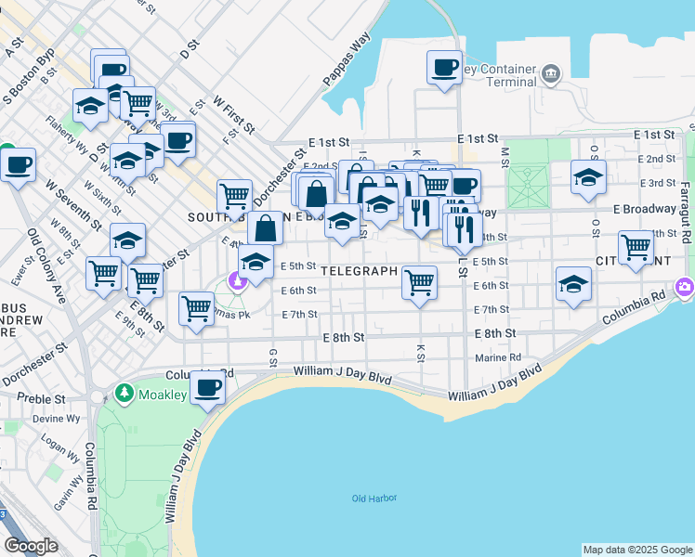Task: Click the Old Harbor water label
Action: click(374, 499)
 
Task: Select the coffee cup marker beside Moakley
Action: click(207, 388)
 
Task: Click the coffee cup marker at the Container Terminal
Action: click(444, 68)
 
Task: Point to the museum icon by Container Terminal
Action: click(552, 73)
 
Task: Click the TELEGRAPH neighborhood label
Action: click(360, 271)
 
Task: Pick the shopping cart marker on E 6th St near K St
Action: click(420, 282)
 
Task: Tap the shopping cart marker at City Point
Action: click(636, 248)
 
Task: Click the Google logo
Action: click(32, 546)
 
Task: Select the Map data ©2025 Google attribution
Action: click(636, 550)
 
